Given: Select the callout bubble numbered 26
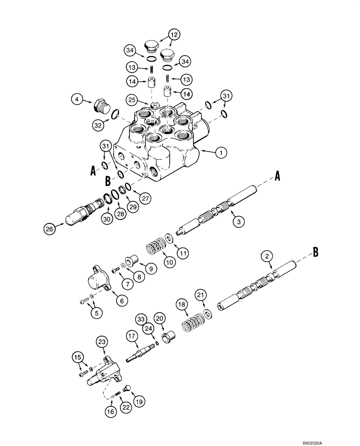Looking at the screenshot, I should [x=49, y=229].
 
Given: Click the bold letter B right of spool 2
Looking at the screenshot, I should [x=315, y=252].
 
